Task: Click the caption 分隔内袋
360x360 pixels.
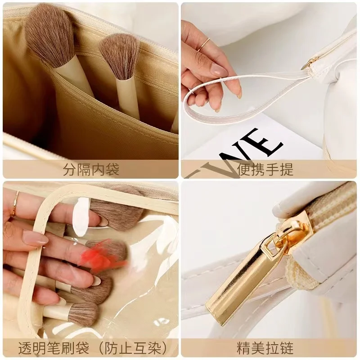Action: click(x=91, y=170)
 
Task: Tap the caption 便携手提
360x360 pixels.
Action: click(x=265, y=170)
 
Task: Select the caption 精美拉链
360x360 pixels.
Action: click(x=265, y=348)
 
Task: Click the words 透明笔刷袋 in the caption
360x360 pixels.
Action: click(x=54, y=348)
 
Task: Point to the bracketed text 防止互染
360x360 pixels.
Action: click(x=133, y=348)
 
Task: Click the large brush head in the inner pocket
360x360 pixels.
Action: click(x=50, y=35)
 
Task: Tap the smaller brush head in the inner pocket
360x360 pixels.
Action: click(x=120, y=56)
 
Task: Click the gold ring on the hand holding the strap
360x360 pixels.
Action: click(x=203, y=44)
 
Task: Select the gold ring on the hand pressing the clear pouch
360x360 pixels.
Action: click(x=16, y=204)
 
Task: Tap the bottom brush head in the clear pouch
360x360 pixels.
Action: click(x=83, y=314)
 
